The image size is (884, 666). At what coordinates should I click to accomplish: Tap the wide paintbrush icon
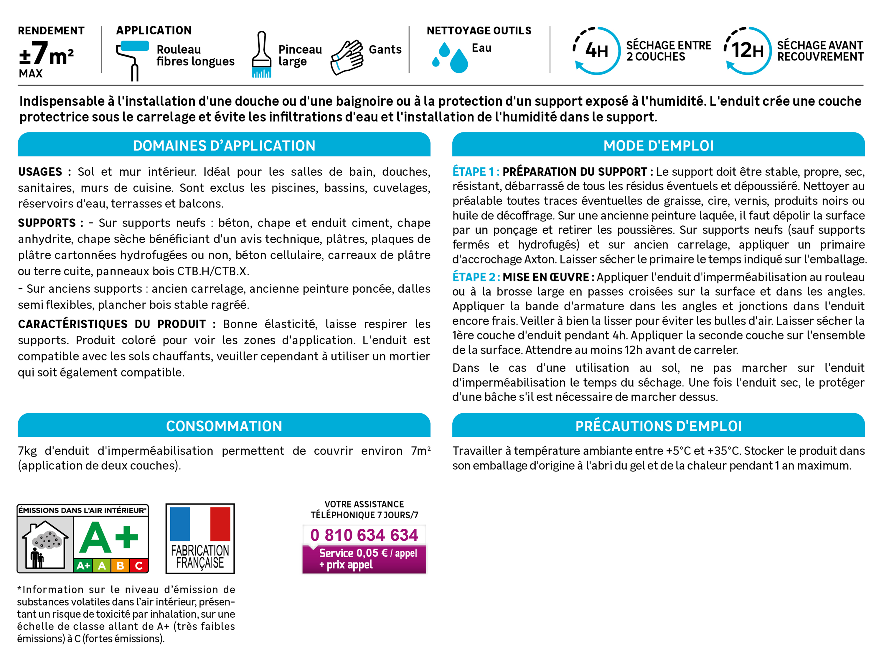tap(261, 55)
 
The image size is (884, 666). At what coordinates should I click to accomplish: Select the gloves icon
tap(347, 57)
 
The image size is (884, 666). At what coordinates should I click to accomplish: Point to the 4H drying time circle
tap(596, 51)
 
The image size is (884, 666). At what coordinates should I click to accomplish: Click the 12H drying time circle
tap(747, 51)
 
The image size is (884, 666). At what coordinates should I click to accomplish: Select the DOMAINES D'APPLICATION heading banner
tap(224, 145)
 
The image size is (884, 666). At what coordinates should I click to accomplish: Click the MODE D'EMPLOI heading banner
tap(658, 145)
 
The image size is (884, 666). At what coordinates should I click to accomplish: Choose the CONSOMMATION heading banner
tap(224, 426)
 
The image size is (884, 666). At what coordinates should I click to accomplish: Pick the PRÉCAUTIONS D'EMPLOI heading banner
tap(658, 426)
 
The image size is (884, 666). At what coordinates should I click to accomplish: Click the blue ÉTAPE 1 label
tap(476, 172)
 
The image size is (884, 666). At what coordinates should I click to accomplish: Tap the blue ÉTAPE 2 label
tap(476, 277)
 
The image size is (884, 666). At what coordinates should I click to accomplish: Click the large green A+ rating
tap(109, 538)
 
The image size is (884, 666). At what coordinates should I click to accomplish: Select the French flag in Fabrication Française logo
tap(200, 524)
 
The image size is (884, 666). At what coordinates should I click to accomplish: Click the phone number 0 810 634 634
tap(364, 535)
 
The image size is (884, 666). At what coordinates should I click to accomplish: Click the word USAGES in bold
tap(40, 172)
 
